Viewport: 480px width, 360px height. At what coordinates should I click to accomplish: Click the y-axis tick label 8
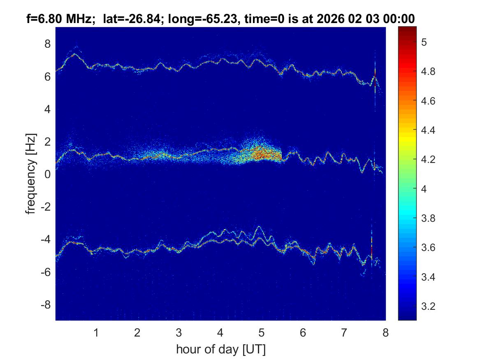pos(48,44)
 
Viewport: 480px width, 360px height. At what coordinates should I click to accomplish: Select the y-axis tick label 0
pos(48,174)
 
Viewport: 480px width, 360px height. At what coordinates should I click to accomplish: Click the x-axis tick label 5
pos(261,332)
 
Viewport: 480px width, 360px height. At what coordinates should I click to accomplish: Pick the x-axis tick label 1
pos(96,332)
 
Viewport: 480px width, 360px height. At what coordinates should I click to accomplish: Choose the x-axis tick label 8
pos(385,332)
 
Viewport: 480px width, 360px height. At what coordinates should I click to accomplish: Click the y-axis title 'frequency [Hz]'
pos(30,174)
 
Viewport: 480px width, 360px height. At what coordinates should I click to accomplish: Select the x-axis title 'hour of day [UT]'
pos(220,350)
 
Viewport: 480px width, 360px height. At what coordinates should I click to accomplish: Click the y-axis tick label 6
pos(48,77)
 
